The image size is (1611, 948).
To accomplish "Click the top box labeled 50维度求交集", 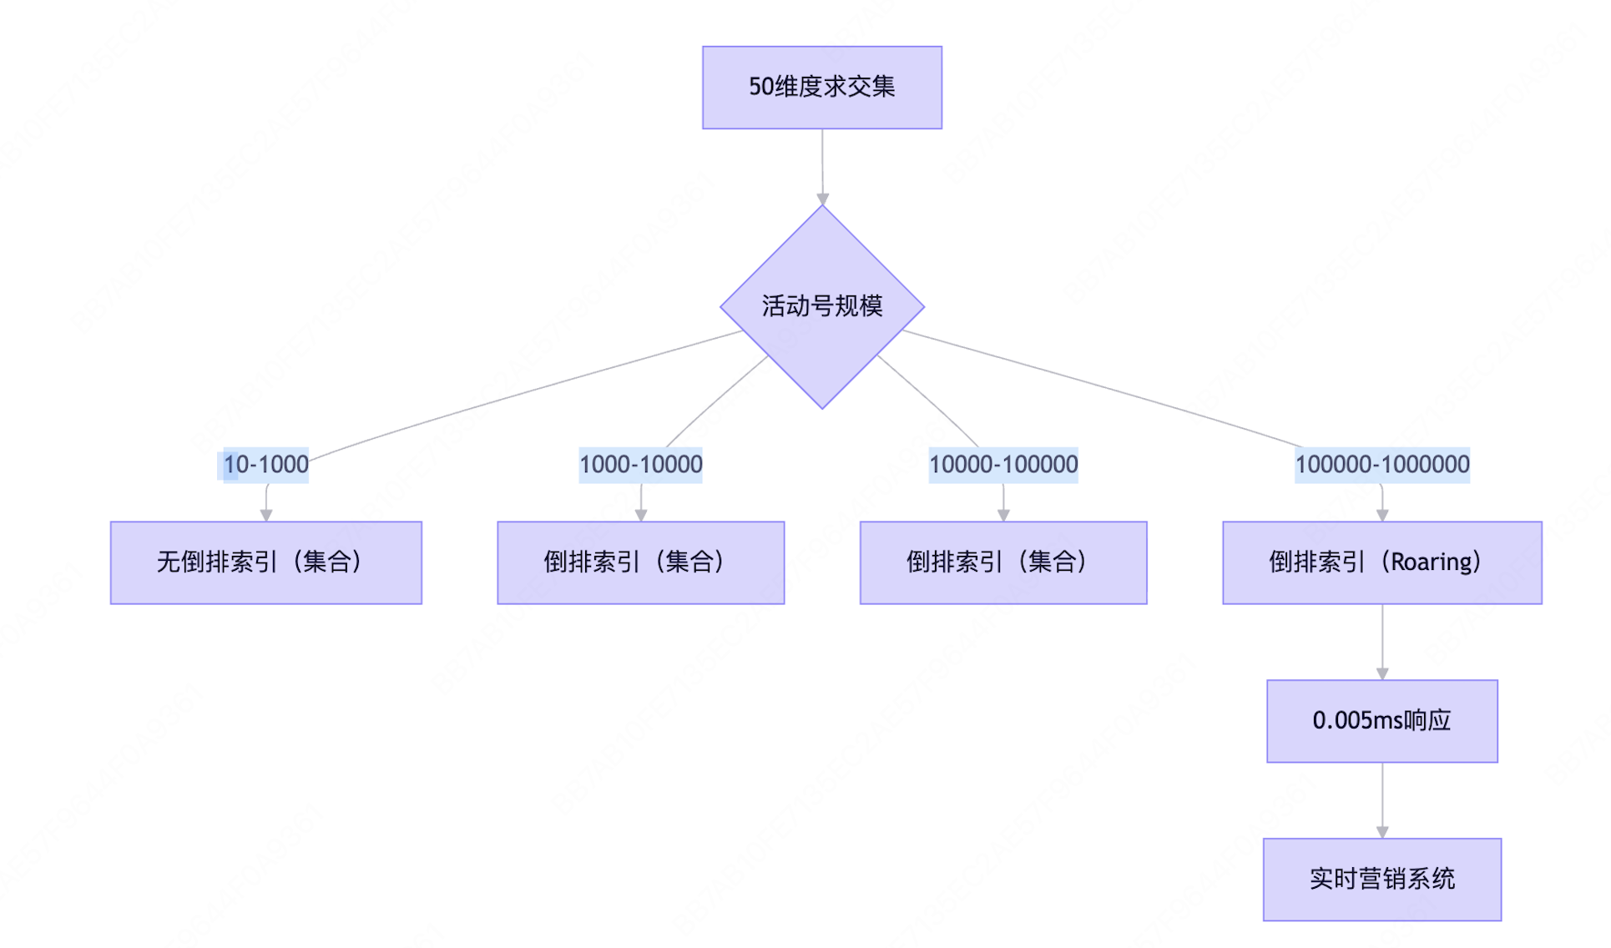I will (x=821, y=88).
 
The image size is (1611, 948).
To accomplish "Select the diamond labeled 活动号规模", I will (x=821, y=306).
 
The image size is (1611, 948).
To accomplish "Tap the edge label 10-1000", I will (x=265, y=465).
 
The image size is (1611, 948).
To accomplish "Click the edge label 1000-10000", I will (x=640, y=465).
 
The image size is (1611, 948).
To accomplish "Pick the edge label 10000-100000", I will (x=1002, y=465).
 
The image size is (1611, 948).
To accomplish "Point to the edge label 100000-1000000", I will (x=1381, y=465).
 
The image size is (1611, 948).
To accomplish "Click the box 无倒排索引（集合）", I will (x=265, y=562).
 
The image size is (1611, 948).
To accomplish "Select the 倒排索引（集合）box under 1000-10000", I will (x=640, y=562).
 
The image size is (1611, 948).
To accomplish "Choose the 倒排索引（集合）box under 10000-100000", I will (x=1002, y=562).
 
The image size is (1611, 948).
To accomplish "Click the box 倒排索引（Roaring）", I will (x=1381, y=562).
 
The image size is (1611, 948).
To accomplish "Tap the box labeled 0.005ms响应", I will (x=1381, y=721).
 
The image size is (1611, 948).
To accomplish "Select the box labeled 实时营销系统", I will (x=1381, y=880).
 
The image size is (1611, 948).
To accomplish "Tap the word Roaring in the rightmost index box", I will (x=1431, y=562).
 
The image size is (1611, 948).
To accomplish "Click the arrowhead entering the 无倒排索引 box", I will (x=266, y=516).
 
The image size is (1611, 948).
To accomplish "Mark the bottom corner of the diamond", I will (x=822, y=407).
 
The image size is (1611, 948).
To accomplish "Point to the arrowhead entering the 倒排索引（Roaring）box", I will (x=1382, y=516).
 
